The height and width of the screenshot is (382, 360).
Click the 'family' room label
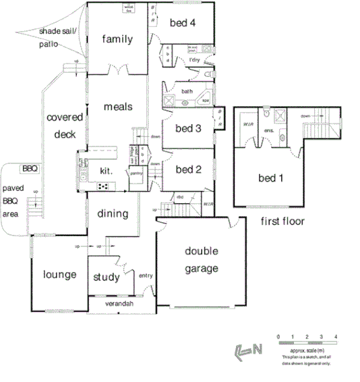pyautogui.click(x=117, y=39)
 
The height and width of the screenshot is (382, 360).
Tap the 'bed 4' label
pyautogui.click(x=182, y=22)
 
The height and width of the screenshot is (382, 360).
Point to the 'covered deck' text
pyautogui.click(x=65, y=125)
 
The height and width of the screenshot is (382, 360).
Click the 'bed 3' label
pyautogui.click(x=189, y=128)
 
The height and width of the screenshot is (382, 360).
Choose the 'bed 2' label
pyautogui.click(x=189, y=169)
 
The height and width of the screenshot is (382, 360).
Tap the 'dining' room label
pyautogui.click(x=113, y=214)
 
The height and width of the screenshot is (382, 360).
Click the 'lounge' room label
pyautogui.click(x=59, y=275)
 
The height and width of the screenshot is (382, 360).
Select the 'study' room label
pyautogui.click(x=107, y=277)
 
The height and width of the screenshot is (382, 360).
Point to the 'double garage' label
pyautogui.click(x=202, y=260)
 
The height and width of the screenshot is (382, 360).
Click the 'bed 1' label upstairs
pyautogui.click(x=268, y=178)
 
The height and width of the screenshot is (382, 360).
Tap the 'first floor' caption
pyautogui.click(x=282, y=221)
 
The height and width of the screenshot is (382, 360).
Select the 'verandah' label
pyautogui.click(x=119, y=304)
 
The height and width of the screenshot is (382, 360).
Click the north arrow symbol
pyautogui.click(x=247, y=350)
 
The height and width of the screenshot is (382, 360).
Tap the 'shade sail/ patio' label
pyautogui.click(x=57, y=37)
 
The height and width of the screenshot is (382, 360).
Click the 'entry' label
pyautogui.click(x=146, y=275)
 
